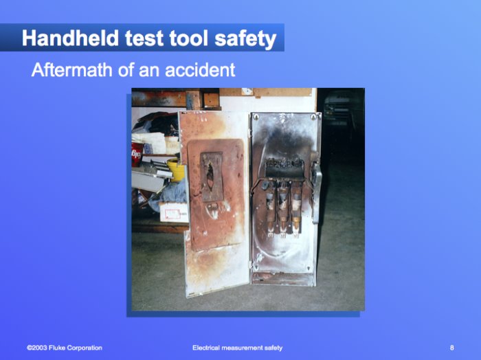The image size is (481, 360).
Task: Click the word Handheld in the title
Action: pyautogui.click(x=70, y=38)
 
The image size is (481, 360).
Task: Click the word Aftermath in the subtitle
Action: pyautogui.click(x=71, y=69)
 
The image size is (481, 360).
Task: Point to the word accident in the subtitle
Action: pyautogui.click(x=200, y=69)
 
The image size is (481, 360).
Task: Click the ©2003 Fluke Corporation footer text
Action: pyautogui.click(x=65, y=348)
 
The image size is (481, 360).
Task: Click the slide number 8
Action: pyautogui.click(x=452, y=348)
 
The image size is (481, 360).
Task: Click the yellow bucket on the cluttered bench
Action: pyautogui.click(x=176, y=170)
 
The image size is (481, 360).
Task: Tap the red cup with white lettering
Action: pyautogui.click(x=137, y=155)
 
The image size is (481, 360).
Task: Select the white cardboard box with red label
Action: pyautogui.click(x=174, y=212)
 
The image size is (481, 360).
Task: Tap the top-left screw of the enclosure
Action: pyautogui.click(x=256, y=117)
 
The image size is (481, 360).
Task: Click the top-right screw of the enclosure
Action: pyautogui.click(x=313, y=117)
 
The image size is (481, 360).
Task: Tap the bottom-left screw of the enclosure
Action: pyautogui.click(x=256, y=268)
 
